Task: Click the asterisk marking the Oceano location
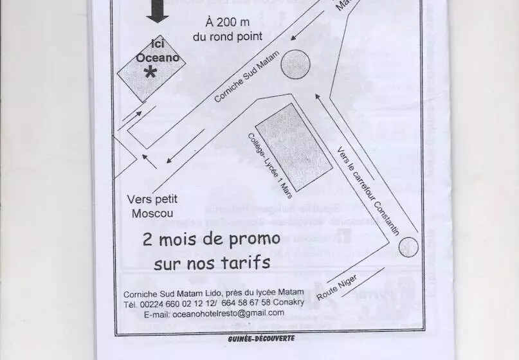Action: [x=150, y=73]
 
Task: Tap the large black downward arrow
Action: [x=156, y=11]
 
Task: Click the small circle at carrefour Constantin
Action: [x=408, y=247]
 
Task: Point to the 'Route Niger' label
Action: [x=336, y=287]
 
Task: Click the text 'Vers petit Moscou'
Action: [x=152, y=206]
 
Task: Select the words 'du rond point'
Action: [x=228, y=37]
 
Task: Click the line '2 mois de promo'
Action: [x=212, y=240]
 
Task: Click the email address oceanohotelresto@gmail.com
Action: [x=214, y=313]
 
